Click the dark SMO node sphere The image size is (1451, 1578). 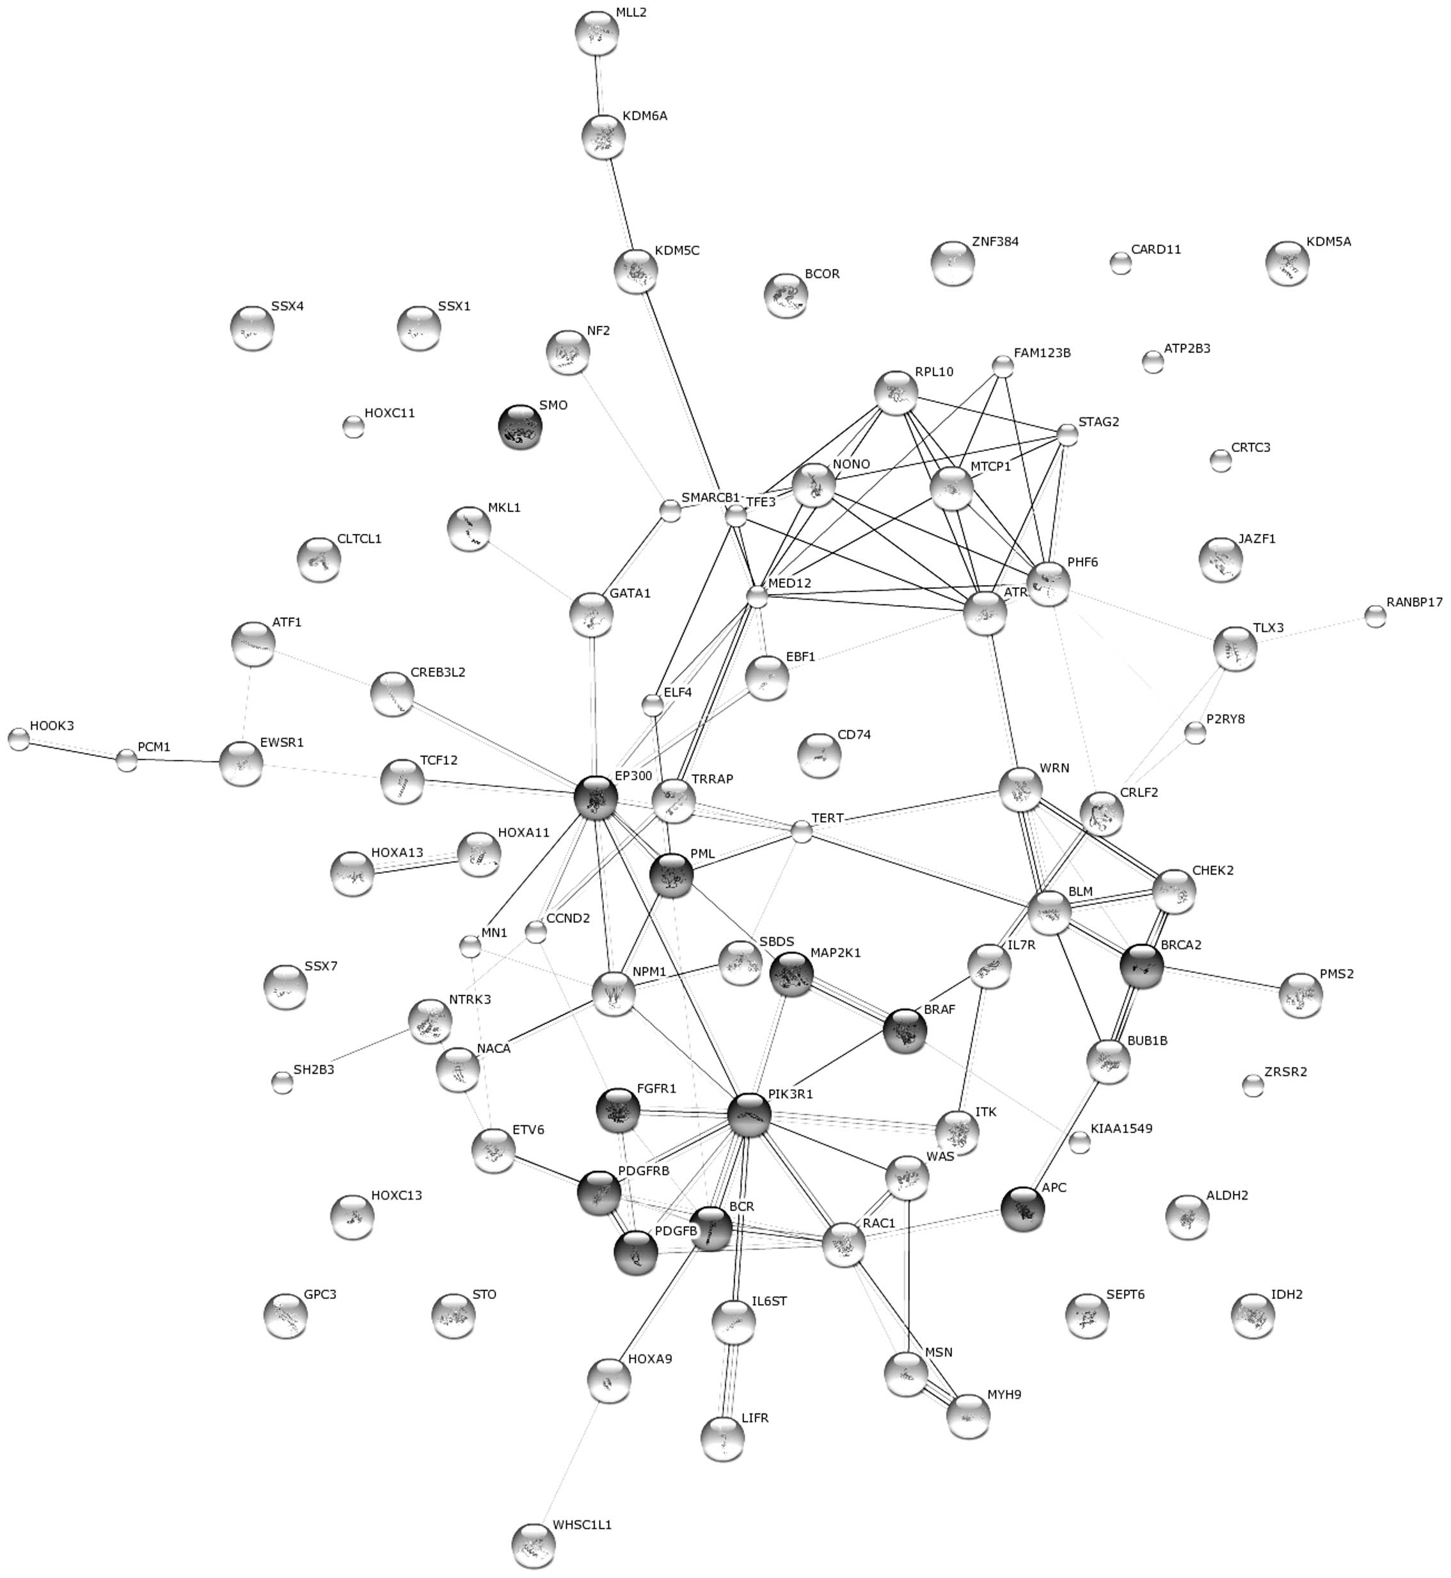click(519, 426)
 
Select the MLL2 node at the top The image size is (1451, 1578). click(596, 34)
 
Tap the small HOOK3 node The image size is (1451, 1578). click(18, 739)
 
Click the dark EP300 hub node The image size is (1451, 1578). click(596, 799)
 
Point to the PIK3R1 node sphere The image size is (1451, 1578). click(749, 1115)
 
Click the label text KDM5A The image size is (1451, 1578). click(1329, 242)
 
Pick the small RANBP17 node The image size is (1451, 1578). click(1375, 616)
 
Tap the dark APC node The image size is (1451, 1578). click(1024, 1209)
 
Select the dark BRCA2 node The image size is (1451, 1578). click(1141, 967)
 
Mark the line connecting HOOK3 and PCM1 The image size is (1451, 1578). click(72, 750)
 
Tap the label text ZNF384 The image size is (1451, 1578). click(995, 242)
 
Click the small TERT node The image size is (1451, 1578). click(801, 831)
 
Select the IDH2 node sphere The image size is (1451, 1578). click(1253, 1316)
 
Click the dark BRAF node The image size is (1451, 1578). click(905, 1032)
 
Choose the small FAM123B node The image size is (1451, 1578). click(1003, 366)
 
